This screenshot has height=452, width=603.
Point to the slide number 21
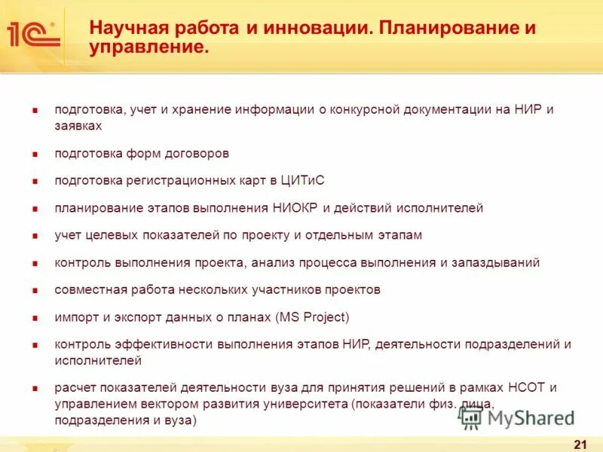click(580, 441)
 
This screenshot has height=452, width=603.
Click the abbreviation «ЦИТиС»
click(301, 180)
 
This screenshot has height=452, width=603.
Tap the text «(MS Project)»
click(302, 316)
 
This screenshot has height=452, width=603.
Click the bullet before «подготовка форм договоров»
click(35, 154)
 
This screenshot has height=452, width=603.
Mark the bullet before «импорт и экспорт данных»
click(35, 317)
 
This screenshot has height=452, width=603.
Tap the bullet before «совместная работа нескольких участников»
click(35, 290)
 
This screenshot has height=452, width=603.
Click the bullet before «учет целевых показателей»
click(35, 235)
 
